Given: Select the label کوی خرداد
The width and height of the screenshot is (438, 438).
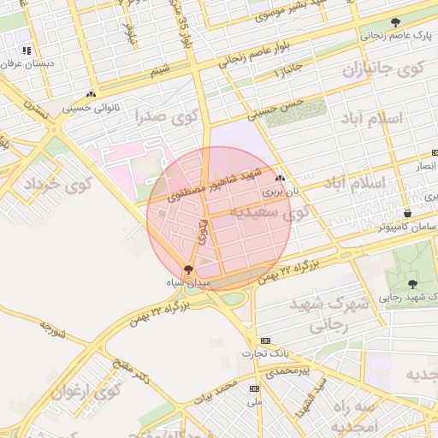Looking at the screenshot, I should (57, 184).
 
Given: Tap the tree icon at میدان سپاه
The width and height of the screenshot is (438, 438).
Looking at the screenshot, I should (188, 269).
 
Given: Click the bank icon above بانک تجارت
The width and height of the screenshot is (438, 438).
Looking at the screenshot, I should (264, 340).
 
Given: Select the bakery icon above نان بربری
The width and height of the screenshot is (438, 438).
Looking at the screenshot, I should (281, 179).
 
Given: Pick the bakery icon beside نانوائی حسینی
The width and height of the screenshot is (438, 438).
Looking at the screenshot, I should (91, 95).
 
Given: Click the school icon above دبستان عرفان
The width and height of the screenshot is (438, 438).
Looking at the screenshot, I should (28, 50).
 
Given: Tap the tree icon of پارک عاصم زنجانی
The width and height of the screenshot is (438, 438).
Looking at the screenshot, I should (394, 23).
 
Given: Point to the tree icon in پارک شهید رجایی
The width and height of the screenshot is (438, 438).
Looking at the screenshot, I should (412, 283).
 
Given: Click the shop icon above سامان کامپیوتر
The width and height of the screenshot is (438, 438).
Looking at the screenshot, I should (407, 214).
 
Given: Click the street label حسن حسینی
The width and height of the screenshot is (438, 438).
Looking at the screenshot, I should (275, 107).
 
